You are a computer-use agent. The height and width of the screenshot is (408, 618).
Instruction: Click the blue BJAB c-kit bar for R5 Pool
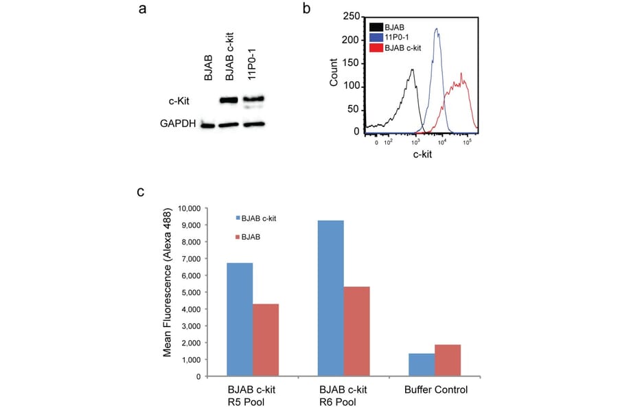point(239,319)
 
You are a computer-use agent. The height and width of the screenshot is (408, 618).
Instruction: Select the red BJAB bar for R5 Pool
point(265,340)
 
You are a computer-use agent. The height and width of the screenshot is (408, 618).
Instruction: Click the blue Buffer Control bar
point(422,365)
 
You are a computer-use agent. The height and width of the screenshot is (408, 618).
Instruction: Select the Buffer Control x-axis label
point(435,389)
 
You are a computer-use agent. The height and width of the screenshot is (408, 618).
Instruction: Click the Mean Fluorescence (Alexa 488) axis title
point(167,292)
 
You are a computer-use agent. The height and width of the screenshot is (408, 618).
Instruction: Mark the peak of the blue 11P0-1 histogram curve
point(437,30)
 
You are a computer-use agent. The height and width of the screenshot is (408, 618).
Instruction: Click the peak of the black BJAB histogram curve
point(412,69)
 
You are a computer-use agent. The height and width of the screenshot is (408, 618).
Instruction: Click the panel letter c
point(141,192)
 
